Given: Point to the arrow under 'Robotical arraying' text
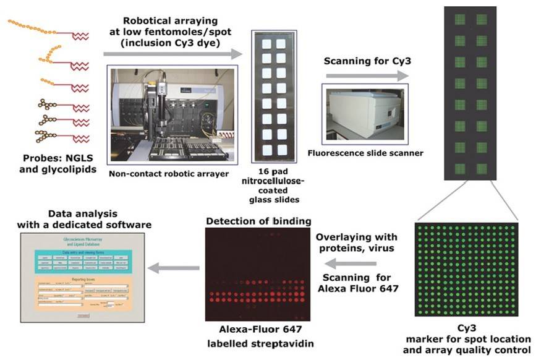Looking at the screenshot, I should [172, 54].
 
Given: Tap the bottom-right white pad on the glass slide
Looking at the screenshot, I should [282, 149].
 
